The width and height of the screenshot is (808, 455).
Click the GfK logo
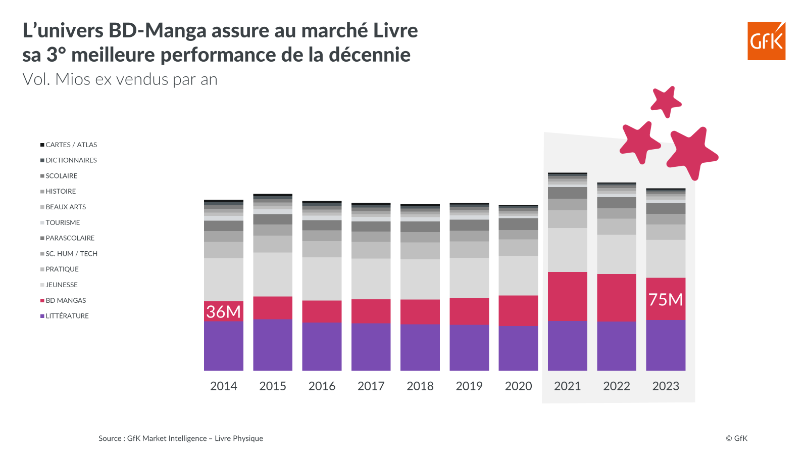(x=766, y=41)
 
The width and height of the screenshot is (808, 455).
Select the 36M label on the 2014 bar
(x=223, y=311)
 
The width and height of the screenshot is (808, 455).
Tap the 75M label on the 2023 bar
(x=665, y=299)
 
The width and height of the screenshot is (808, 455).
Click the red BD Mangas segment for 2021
(x=567, y=296)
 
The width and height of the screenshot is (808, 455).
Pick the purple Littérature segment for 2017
(x=371, y=347)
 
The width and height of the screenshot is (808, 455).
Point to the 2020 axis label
(x=518, y=386)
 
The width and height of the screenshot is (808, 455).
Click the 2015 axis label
(x=273, y=386)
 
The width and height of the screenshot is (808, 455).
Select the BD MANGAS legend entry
(x=66, y=300)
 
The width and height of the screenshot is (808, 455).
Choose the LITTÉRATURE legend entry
(x=67, y=316)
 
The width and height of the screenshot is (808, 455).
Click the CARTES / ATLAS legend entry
(x=71, y=145)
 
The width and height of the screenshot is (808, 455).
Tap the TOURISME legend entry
(x=63, y=222)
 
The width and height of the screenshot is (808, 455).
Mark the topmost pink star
(x=666, y=101)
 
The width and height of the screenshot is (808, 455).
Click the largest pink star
(x=691, y=152)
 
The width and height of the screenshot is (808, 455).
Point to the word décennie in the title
(x=370, y=55)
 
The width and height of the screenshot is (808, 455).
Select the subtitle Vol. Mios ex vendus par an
(x=120, y=79)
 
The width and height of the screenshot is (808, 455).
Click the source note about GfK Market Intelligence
(x=180, y=438)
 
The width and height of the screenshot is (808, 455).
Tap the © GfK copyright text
(x=736, y=438)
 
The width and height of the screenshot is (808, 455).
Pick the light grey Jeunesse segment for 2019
(x=469, y=278)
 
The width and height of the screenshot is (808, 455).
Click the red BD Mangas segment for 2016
(x=322, y=311)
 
